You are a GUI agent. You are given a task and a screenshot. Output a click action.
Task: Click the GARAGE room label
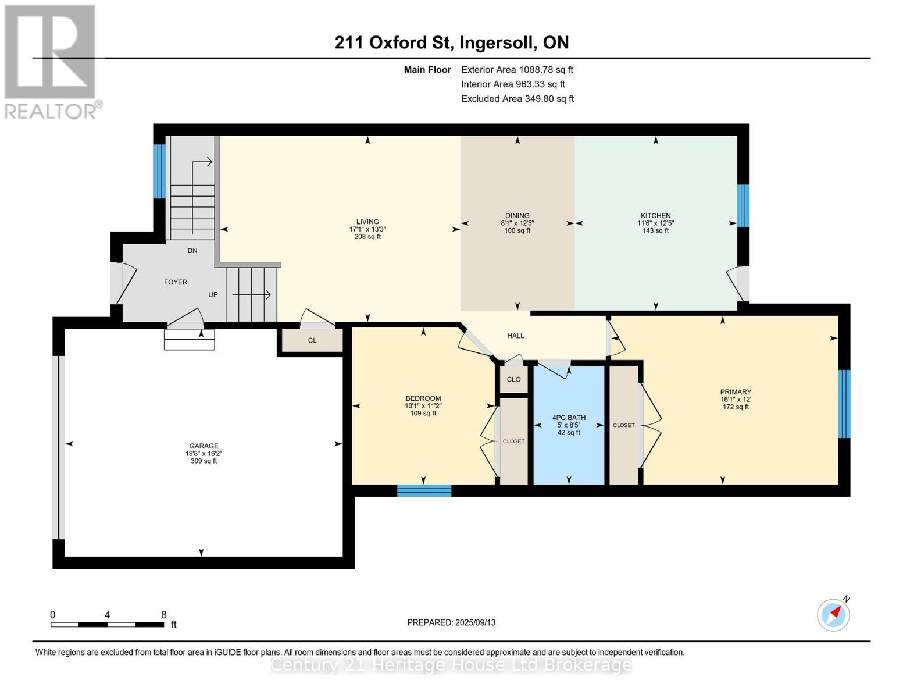(204, 446)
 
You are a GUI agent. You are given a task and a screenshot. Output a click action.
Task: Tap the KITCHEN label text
(655, 215)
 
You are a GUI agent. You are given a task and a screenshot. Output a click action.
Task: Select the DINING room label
(517, 215)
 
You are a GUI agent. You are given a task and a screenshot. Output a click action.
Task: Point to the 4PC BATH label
(569, 418)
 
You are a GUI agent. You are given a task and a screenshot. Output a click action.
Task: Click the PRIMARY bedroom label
(736, 391)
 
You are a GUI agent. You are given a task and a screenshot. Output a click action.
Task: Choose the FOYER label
(176, 282)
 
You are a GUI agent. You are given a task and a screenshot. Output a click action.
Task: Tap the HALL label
(515, 336)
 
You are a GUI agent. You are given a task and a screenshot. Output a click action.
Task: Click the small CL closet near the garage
(312, 340)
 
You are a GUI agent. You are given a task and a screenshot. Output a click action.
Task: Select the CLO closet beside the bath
(513, 379)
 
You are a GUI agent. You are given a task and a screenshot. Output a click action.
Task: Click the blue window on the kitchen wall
(743, 205)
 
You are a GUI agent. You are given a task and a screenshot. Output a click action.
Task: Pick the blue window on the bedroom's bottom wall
(424, 490)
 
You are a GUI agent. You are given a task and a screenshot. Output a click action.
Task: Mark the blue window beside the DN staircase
(159, 171)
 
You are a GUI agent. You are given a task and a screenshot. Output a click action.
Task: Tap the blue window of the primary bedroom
(844, 404)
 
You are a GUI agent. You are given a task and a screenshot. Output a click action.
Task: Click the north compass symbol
(833, 615)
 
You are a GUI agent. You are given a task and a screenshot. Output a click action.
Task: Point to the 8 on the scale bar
(164, 614)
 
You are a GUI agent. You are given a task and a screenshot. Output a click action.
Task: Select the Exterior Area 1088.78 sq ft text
(517, 69)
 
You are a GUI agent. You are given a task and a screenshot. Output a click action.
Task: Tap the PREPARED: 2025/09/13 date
(451, 622)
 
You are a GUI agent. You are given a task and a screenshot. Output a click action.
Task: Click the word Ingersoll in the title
(495, 42)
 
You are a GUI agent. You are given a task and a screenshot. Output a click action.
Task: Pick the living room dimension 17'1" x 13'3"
(367, 229)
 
